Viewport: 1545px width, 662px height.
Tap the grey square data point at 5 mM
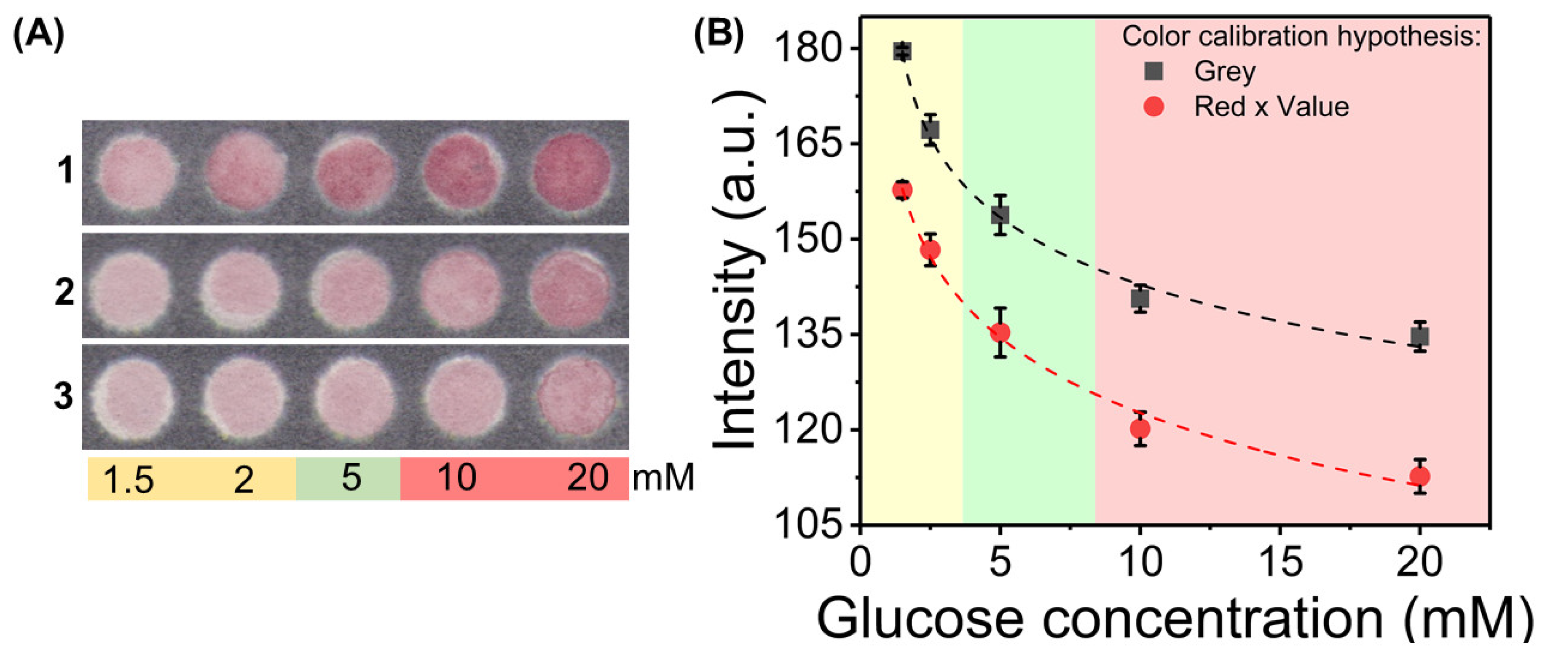pos(999,214)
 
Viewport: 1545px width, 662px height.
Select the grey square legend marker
pos(1153,71)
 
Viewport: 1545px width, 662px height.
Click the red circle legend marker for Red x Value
pos(1153,107)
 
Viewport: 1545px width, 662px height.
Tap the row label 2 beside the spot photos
pos(64,292)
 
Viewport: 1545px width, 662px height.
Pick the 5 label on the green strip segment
pos(351,478)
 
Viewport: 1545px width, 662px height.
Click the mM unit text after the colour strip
pos(663,478)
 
